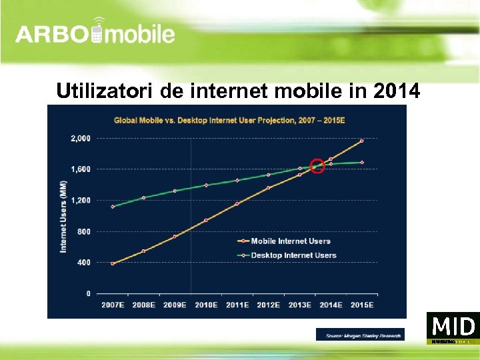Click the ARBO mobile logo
pyautogui.click(x=95, y=33)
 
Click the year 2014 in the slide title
pyautogui.click(x=398, y=90)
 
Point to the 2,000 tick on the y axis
pyautogui.click(x=81, y=139)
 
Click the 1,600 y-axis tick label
pyautogui.click(x=81, y=169)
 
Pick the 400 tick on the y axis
pyautogui.click(x=83, y=263)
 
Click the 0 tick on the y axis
pyautogui.click(x=89, y=293)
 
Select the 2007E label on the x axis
pyautogui.click(x=113, y=305)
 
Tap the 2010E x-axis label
pyautogui.click(x=206, y=305)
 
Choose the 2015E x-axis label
pyautogui.click(x=362, y=305)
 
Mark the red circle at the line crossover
pyautogui.click(x=318, y=166)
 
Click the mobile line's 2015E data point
pyautogui.click(x=362, y=141)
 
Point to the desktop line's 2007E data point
pyautogui.click(x=113, y=207)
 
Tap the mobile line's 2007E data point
pyautogui.click(x=113, y=264)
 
